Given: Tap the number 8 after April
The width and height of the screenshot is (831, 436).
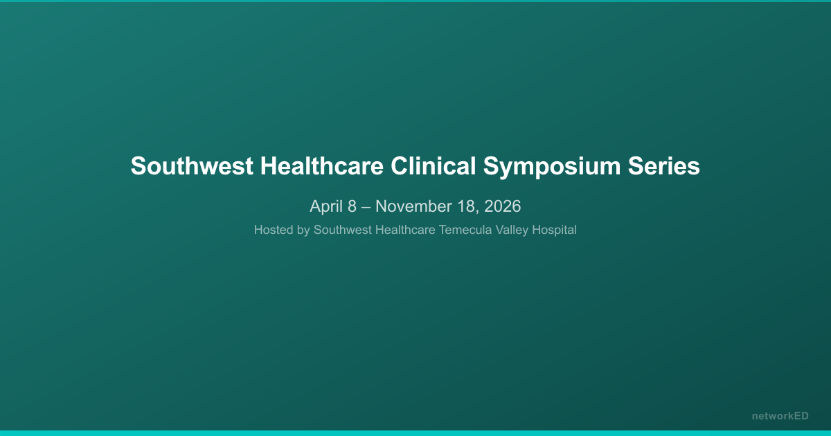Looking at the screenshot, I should pyautogui.click(x=352, y=206).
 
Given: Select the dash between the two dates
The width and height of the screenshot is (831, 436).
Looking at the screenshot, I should pyautogui.click(x=366, y=206).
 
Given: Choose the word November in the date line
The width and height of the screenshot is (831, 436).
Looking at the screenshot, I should pyautogui.click(x=411, y=206).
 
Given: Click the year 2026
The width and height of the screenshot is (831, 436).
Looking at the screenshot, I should pyautogui.click(x=502, y=206).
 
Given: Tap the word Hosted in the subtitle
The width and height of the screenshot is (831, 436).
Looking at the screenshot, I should pyautogui.click(x=273, y=230).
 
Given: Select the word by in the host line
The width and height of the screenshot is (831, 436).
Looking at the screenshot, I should pyautogui.click(x=303, y=230).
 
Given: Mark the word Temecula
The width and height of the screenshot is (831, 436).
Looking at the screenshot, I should pyautogui.click(x=465, y=230).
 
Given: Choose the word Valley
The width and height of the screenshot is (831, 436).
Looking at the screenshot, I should pyautogui.click(x=511, y=230).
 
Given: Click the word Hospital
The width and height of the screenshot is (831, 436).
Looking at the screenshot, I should pyautogui.click(x=554, y=230).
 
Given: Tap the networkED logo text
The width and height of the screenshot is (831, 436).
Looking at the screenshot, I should pyautogui.click(x=780, y=416).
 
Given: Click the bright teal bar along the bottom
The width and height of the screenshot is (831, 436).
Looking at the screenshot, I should pyautogui.click(x=415, y=433).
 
